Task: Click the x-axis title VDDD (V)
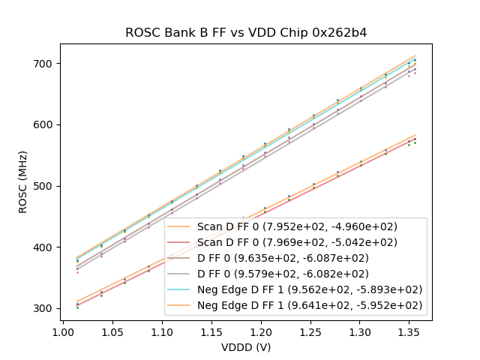coord(245,347)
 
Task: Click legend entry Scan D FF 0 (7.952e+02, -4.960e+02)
coord(297,226)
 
